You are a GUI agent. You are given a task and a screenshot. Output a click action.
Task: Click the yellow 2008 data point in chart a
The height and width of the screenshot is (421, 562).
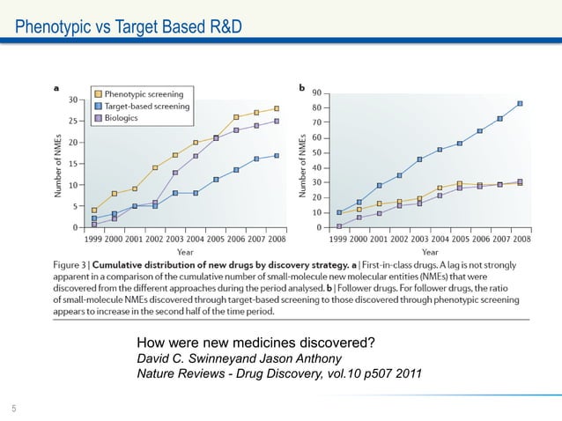point(276,108)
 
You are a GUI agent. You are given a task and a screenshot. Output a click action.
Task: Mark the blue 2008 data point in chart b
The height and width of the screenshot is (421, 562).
point(519,103)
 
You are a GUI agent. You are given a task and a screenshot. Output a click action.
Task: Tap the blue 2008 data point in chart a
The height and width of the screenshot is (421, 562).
point(276,155)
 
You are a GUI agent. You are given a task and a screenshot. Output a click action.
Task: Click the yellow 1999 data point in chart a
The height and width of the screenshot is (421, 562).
point(94,210)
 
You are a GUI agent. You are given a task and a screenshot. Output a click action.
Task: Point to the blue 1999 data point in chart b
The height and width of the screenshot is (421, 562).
point(339,212)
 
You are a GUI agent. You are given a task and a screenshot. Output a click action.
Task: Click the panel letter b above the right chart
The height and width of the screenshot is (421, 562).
point(302,88)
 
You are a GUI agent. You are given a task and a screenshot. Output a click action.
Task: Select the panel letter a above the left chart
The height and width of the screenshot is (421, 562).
point(57,88)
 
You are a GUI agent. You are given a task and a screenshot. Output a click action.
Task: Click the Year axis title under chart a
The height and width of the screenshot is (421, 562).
point(185,250)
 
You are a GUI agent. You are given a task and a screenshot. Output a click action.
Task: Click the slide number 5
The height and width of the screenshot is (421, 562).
point(14,407)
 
